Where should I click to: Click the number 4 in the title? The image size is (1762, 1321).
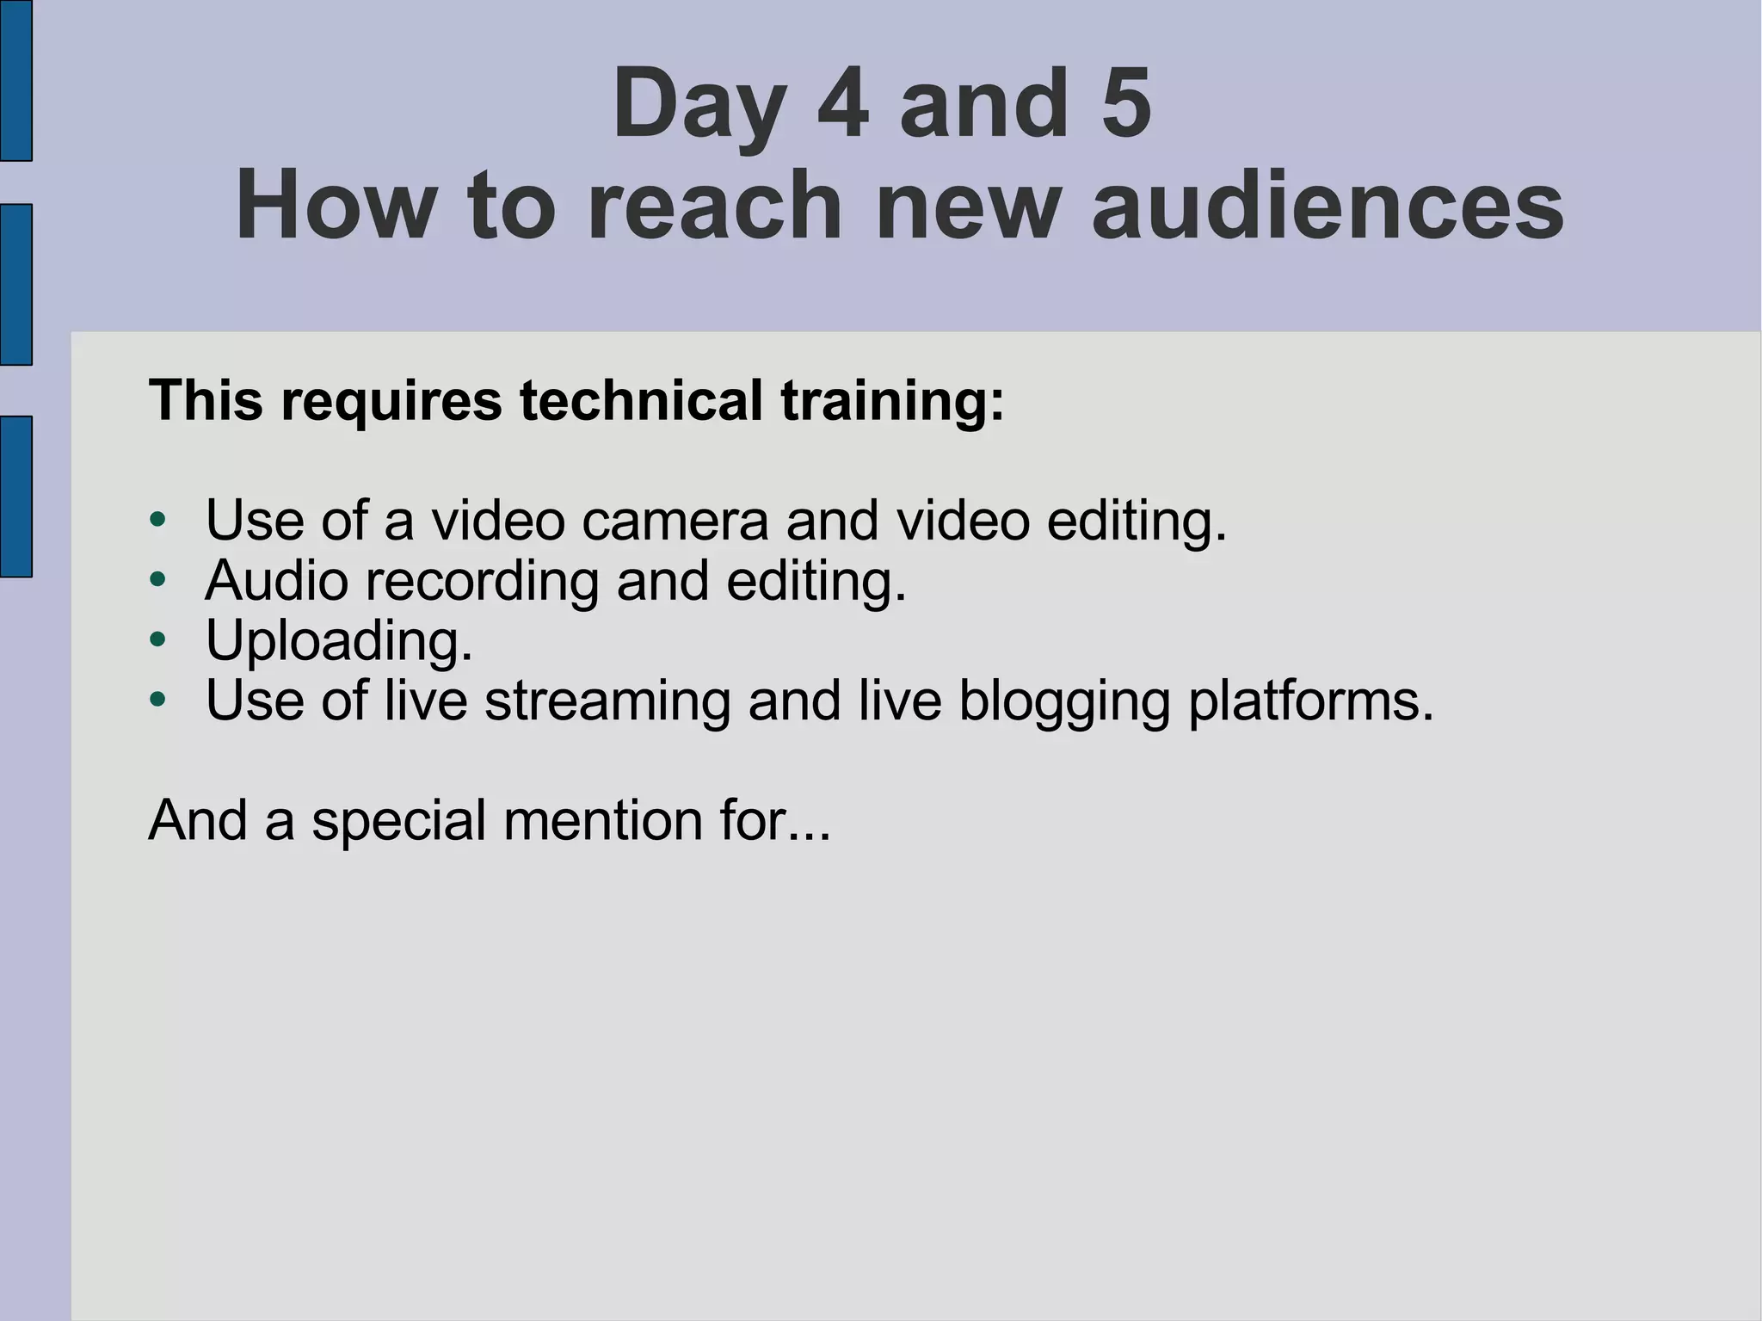click(842, 104)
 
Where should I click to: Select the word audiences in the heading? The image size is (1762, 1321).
click(1328, 206)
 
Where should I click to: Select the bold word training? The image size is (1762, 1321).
click(892, 402)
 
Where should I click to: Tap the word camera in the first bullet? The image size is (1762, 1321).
click(675, 521)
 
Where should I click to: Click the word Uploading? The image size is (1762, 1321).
click(339, 642)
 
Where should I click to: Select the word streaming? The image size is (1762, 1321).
click(607, 701)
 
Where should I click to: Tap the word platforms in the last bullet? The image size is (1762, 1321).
click(1310, 701)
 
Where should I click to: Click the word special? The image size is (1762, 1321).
click(399, 822)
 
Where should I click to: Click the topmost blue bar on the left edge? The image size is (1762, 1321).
click(15, 80)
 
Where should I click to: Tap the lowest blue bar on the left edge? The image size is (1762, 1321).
click(15, 497)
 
